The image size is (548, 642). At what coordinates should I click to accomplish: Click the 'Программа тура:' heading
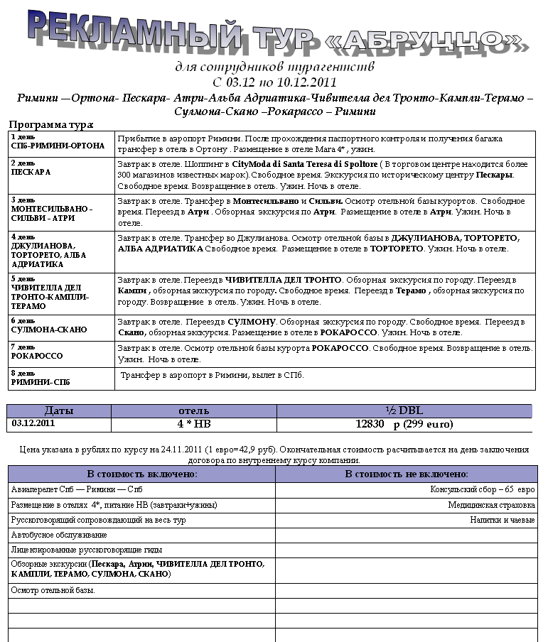tap(50, 125)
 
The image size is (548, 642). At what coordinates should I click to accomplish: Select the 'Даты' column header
tap(59, 410)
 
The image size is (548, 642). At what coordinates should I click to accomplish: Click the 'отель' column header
tap(193, 410)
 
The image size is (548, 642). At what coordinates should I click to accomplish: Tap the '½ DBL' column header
tap(404, 410)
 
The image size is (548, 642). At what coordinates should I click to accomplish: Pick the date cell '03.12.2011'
tap(34, 423)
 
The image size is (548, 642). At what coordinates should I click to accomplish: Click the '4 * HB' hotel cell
tap(193, 424)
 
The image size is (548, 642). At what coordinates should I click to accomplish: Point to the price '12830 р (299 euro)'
tap(404, 424)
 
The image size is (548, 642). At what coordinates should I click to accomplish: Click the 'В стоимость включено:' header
tap(141, 474)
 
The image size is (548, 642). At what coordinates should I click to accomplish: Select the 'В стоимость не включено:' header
tap(406, 474)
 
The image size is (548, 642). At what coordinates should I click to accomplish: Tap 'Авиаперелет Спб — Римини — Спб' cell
tap(77, 490)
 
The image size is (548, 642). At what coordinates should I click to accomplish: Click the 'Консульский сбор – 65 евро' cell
tap(483, 490)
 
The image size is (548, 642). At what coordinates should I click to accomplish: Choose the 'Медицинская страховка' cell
tap(491, 505)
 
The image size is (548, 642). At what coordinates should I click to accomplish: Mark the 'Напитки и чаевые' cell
tap(503, 520)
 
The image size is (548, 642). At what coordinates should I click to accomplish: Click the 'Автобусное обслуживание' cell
tap(59, 535)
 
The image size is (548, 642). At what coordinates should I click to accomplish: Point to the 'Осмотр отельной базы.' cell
tap(53, 590)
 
